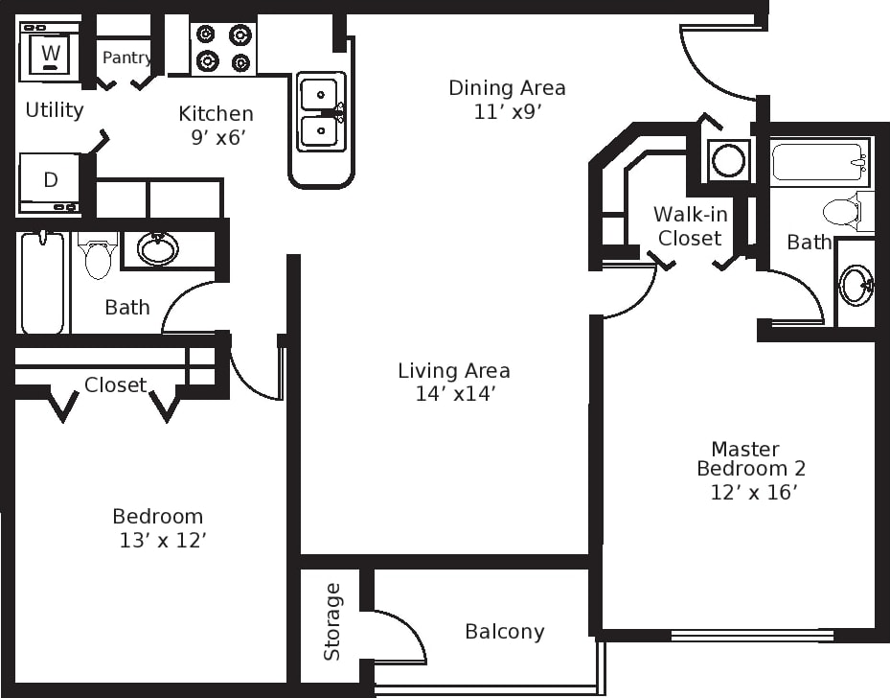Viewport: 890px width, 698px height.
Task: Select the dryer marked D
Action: point(50,180)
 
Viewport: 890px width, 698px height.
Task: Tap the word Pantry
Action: point(126,58)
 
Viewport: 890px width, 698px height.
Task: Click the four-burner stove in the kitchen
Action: point(223,48)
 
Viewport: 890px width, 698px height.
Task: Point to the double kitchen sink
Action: point(319,113)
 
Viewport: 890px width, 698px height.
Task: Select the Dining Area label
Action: point(507,88)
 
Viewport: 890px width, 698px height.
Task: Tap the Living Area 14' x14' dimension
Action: point(453,393)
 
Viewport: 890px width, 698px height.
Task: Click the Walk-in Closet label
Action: point(690,226)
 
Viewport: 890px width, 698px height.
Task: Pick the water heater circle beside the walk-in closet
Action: point(729,160)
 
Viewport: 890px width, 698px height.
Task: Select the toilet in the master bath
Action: point(843,211)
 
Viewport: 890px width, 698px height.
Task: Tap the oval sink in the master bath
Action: point(855,285)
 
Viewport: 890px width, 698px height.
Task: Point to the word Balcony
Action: point(504,632)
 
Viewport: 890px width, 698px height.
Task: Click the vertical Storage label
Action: point(332,621)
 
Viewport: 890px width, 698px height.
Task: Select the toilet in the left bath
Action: point(99,255)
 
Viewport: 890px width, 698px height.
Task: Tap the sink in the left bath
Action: point(158,248)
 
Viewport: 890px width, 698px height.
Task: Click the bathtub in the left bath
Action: point(42,283)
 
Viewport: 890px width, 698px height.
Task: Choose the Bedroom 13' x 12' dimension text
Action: point(163,541)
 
